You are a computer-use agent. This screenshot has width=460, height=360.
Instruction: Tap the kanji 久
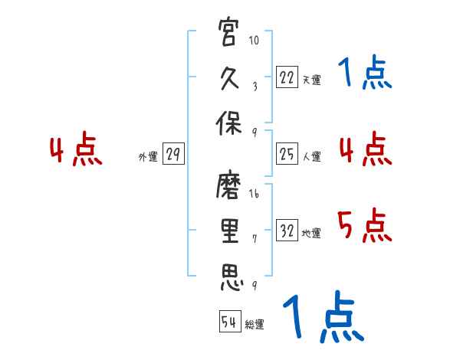point(229,79)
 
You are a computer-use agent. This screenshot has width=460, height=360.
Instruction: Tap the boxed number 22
point(287,77)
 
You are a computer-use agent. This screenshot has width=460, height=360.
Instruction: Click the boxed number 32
point(287,231)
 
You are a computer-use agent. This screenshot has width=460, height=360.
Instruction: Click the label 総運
point(255,325)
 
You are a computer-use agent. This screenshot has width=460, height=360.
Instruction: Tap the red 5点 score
point(364,226)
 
